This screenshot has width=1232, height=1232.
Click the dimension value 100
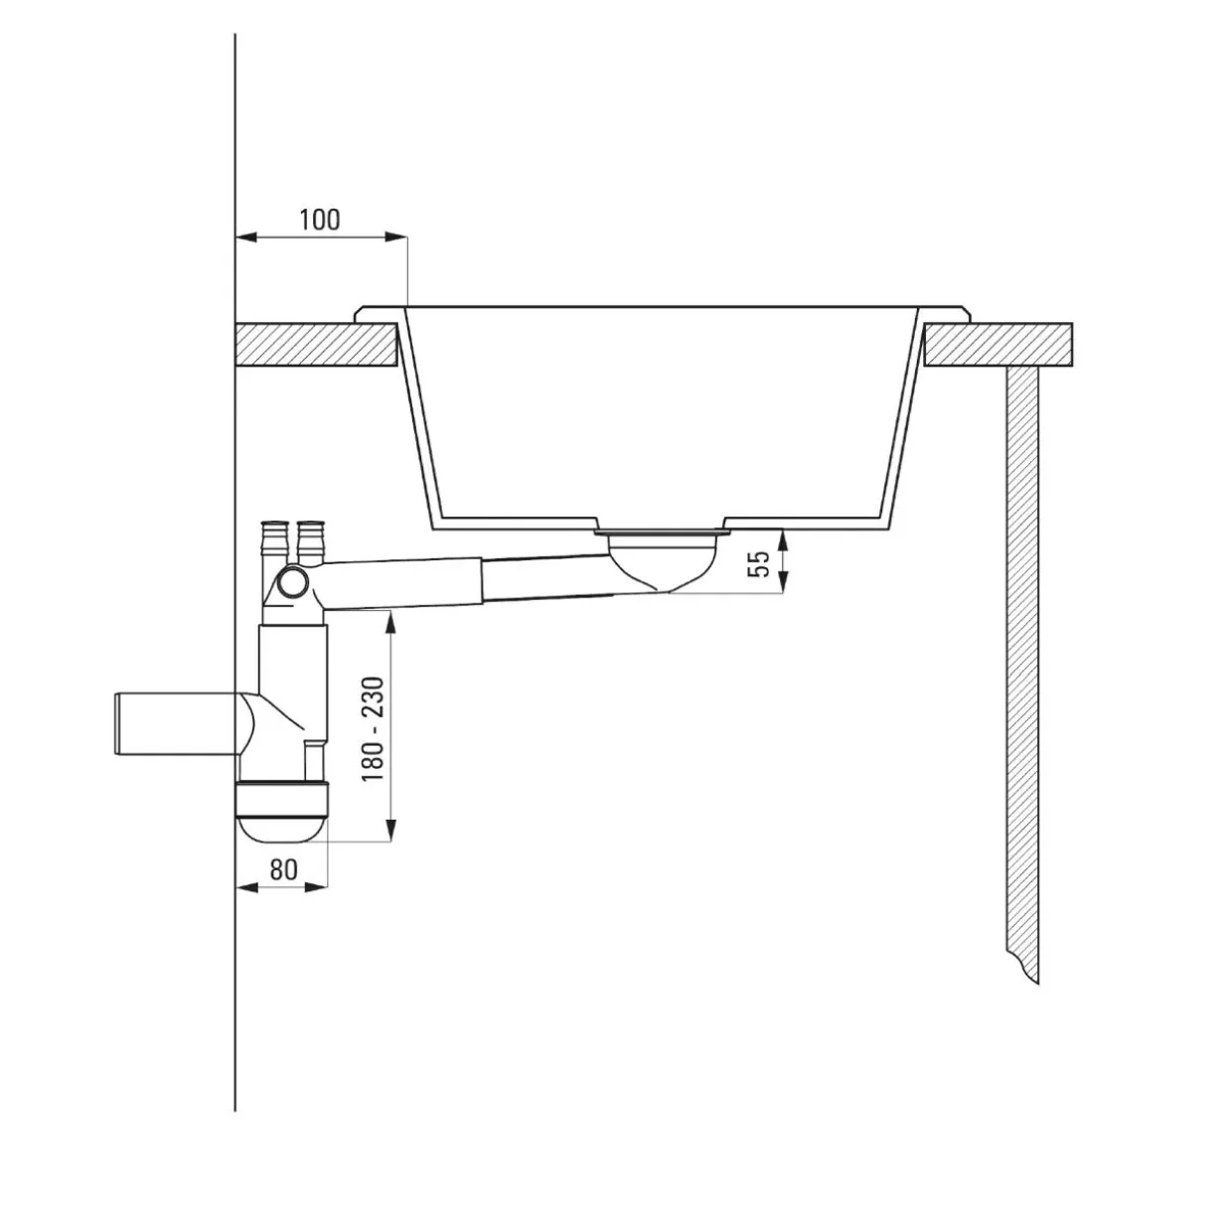[320, 220]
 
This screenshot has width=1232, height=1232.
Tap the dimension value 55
[759, 564]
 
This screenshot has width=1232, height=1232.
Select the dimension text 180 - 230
[373, 728]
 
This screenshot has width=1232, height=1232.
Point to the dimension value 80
[283, 868]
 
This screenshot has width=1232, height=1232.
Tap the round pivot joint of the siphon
[293, 583]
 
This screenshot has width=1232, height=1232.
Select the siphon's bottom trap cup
[282, 810]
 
